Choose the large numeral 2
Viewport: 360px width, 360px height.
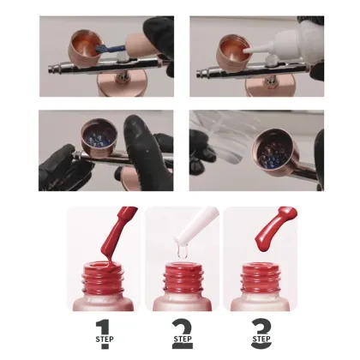(x=183, y=328)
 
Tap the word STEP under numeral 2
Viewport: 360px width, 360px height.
(x=183, y=345)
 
